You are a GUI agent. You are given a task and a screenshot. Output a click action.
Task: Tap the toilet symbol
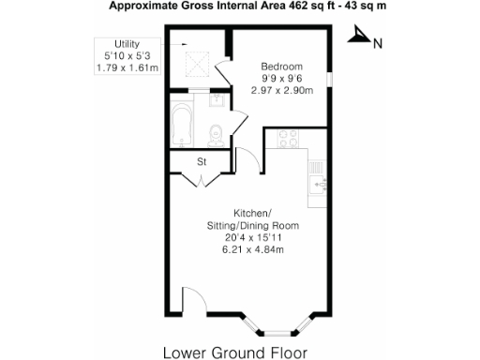point(215,133)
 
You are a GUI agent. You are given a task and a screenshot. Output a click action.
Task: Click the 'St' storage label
point(201,162)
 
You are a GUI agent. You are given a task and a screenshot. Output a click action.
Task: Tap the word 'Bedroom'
point(281,67)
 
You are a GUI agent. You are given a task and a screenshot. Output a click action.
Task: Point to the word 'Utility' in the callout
point(127,44)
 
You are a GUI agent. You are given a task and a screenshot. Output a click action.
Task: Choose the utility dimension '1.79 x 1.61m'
point(127,67)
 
